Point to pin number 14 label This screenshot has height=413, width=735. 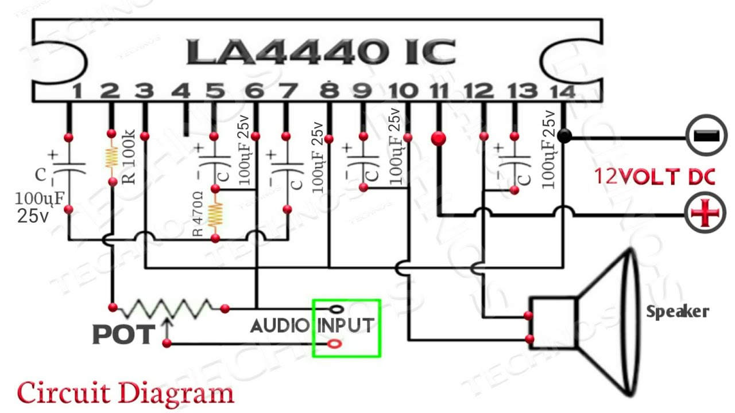561,91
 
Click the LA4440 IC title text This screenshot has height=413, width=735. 320,52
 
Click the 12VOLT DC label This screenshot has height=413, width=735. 655,177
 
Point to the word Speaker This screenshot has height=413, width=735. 678,312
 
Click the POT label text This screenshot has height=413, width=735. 123,335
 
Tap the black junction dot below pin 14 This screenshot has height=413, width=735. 564,137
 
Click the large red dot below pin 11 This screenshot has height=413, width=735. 439,138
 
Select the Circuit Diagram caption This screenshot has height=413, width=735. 125,393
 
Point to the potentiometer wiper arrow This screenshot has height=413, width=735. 167,327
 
